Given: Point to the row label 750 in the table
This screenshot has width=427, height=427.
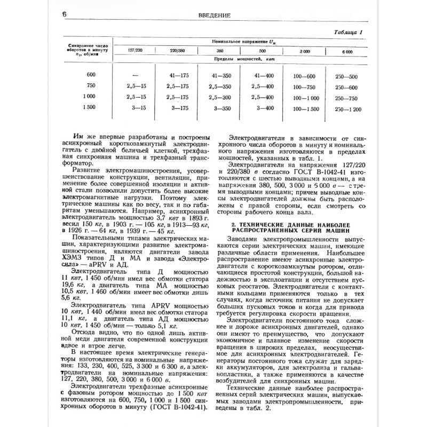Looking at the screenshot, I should [92, 86].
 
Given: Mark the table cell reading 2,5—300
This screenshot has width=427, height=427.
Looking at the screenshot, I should [220, 98].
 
